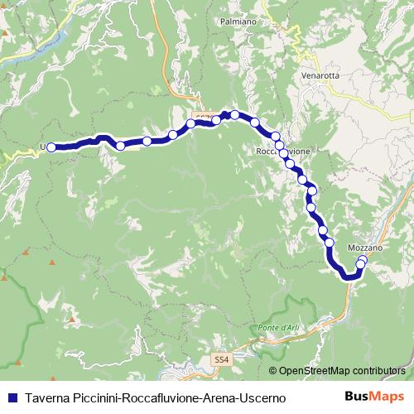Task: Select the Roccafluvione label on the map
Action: click(x=284, y=152)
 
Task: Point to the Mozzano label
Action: click(x=364, y=248)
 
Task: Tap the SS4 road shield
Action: click(x=219, y=359)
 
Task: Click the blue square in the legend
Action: click(x=12, y=398)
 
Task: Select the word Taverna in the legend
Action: click(x=46, y=398)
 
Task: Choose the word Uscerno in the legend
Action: click(x=262, y=398)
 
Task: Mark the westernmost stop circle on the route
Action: click(x=51, y=147)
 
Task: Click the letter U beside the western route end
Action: click(x=42, y=147)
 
